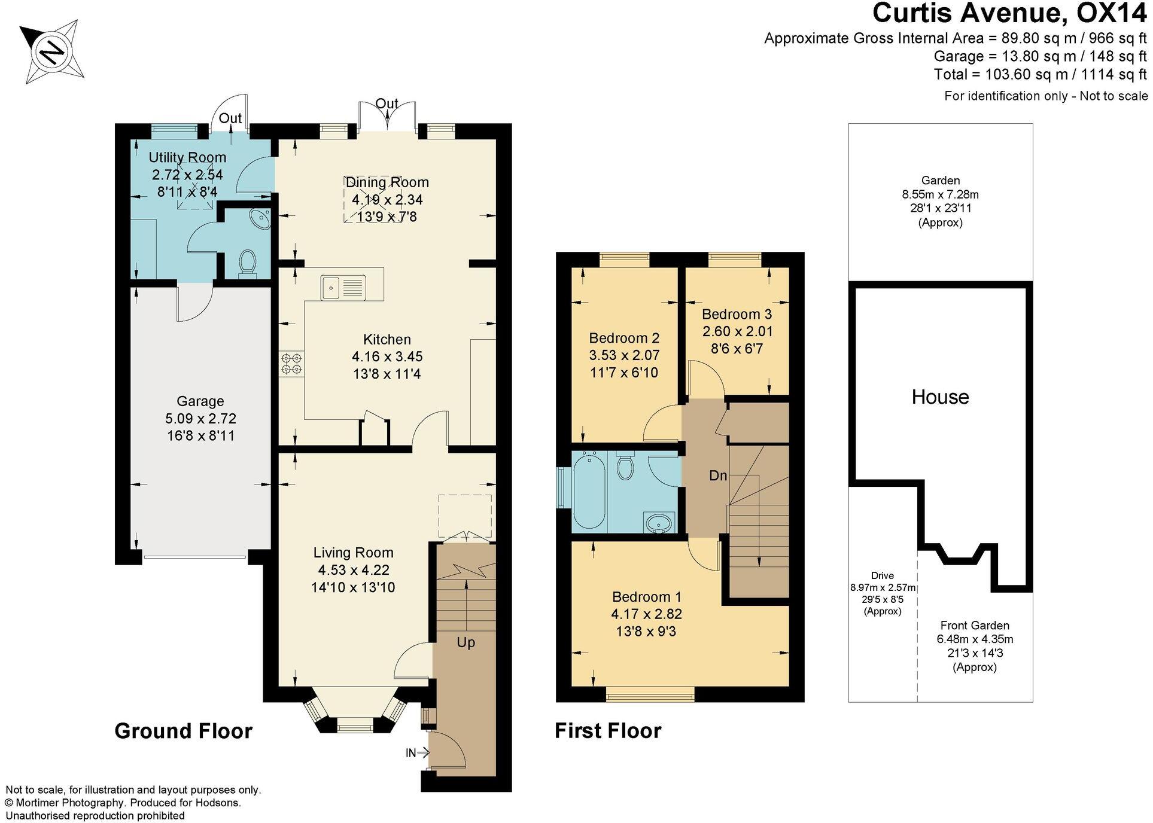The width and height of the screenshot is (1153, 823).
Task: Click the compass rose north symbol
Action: coord(52,51)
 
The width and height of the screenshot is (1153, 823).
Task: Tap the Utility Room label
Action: coord(187,157)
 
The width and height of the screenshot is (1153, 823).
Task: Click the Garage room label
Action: coord(200,401)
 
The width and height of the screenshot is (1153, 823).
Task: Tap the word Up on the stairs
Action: coord(466,642)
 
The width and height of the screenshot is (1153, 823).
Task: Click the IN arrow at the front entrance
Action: coord(418,752)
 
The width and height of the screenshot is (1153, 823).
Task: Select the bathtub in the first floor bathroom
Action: coord(589,490)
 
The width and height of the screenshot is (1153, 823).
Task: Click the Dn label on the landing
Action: coord(718,475)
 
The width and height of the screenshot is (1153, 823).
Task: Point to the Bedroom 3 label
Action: coord(737,314)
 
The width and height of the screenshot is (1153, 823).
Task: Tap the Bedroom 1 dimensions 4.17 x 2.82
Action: coord(646,614)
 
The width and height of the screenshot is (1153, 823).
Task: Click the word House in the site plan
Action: coord(940,397)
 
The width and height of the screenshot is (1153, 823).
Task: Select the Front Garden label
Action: coord(974,626)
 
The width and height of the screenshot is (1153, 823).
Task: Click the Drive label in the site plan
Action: coord(882,575)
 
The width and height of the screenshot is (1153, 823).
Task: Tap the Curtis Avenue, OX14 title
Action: coord(1009,13)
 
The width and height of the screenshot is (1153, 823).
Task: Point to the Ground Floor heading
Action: coord(183,731)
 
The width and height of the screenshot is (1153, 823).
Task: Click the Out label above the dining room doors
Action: coord(387,103)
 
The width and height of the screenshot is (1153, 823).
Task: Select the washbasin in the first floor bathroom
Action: coord(659,523)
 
